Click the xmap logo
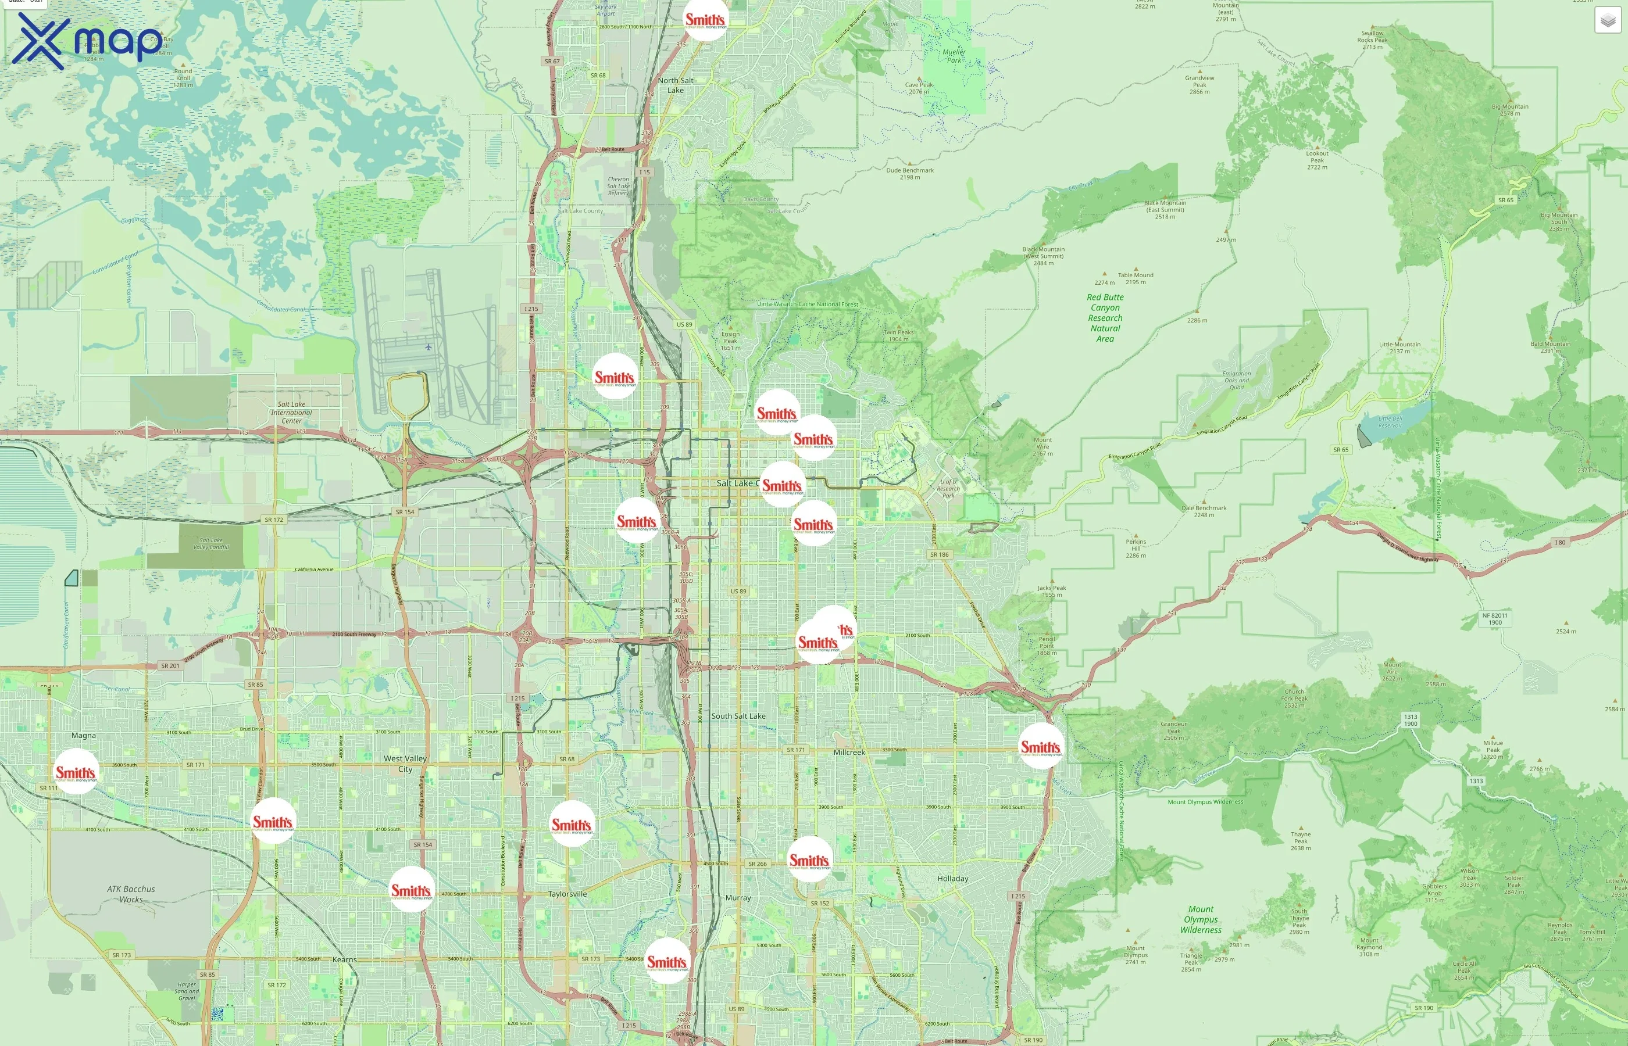pyautogui.click(x=87, y=41)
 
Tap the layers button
pyautogui.click(x=1607, y=20)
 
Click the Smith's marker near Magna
pyautogui.click(x=76, y=772)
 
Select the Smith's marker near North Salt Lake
pyautogui.click(x=705, y=20)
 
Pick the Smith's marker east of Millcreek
pyautogui.click(x=1040, y=747)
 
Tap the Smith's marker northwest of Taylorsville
pyautogui.click(x=572, y=824)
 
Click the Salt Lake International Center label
pyautogui.click(x=291, y=412)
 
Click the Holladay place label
pyautogui.click(x=952, y=878)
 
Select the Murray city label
pyautogui.click(x=738, y=897)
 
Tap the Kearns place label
pyautogui.click(x=344, y=960)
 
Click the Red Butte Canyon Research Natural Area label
pyautogui.click(x=1105, y=318)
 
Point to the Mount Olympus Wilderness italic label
pyautogui.click(x=1201, y=920)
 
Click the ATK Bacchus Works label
pyautogui.click(x=131, y=894)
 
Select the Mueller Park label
pyautogui.click(x=954, y=56)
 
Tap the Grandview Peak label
pyautogui.click(x=1199, y=84)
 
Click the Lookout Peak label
pyautogui.click(x=1317, y=160)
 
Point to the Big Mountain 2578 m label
pyautogui.click(x=1510, y=109)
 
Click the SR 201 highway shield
pyautogui.click(x=170, y=665)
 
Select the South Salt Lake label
pyautogui.click(x=738, y=716)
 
